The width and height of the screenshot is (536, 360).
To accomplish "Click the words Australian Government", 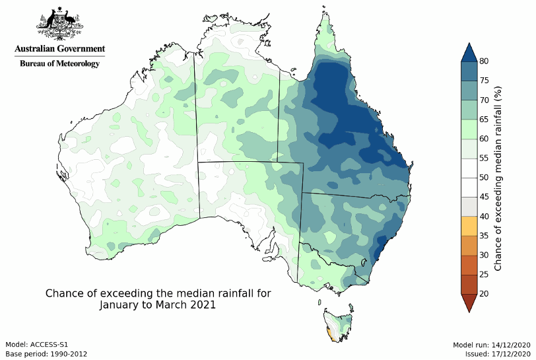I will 59,49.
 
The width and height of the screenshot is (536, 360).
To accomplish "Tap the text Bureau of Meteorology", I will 59,64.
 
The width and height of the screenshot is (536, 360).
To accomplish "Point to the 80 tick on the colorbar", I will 484,61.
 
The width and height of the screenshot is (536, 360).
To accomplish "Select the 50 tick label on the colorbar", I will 484,178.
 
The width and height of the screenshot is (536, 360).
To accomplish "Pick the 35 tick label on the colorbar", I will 484,236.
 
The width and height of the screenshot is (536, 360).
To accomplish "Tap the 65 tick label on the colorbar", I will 484,120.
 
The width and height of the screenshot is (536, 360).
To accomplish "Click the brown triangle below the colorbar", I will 468,302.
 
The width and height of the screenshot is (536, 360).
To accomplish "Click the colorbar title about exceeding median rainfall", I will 498,178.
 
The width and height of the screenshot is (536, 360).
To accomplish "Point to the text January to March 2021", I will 158,306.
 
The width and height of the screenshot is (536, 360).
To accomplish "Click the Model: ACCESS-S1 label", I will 37,345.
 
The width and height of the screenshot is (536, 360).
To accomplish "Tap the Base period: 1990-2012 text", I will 46,353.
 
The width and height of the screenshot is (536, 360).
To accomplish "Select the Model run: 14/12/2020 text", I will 492,345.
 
